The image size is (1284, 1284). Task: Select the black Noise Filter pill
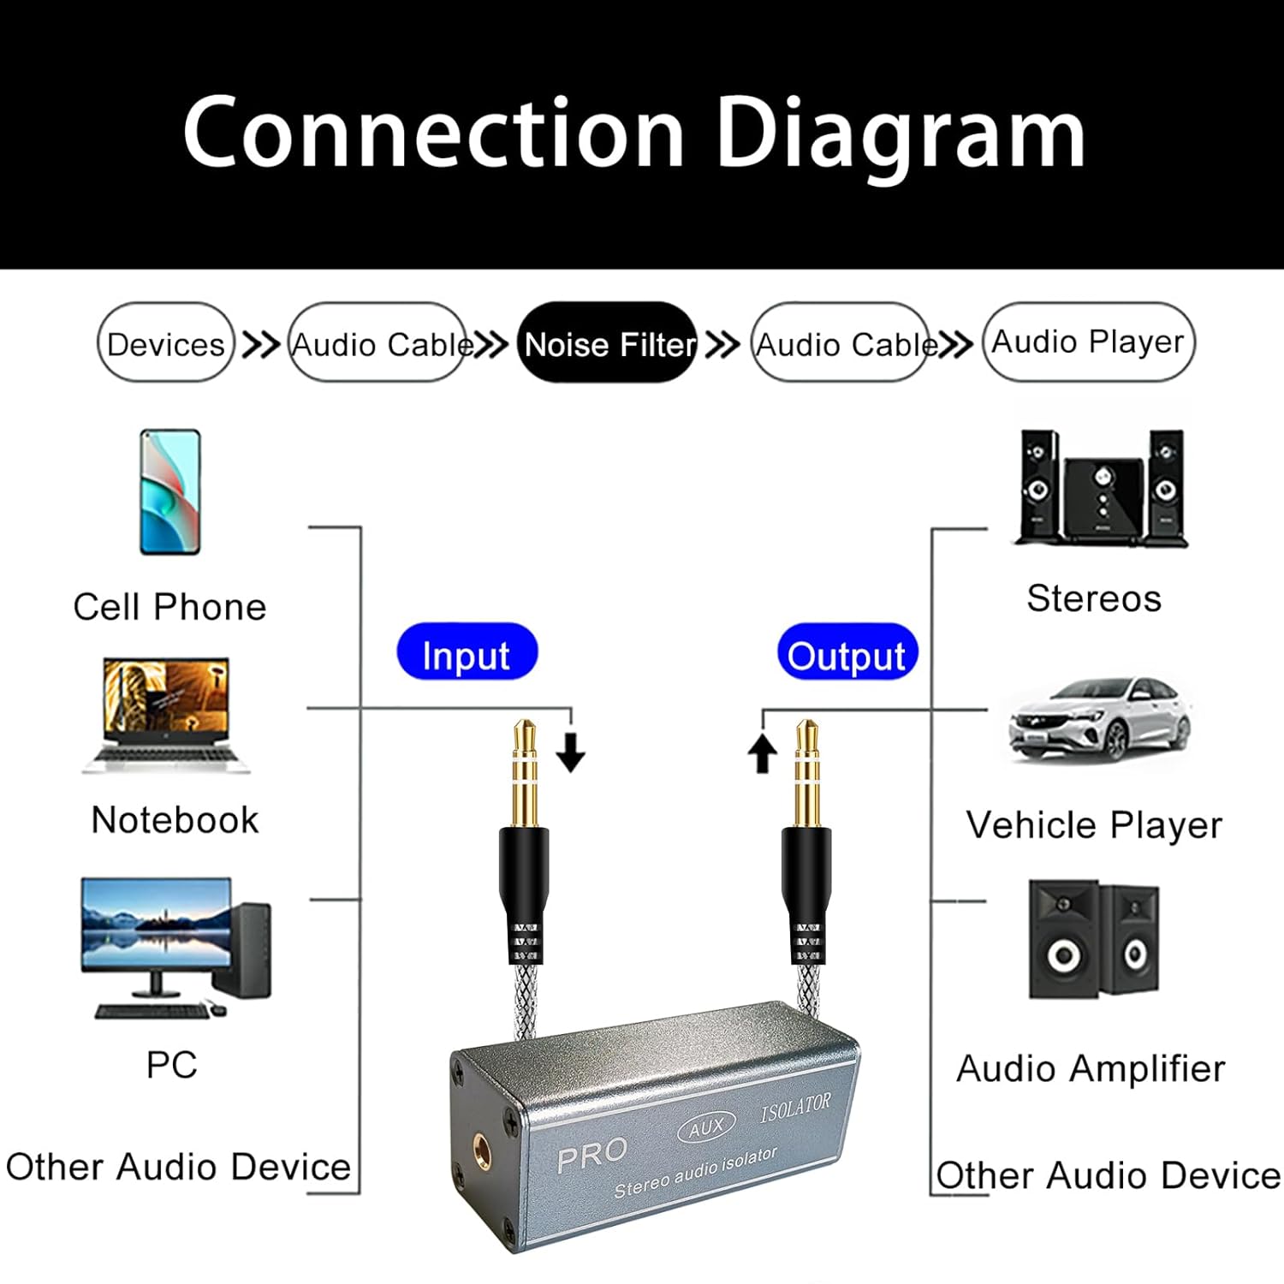tap(608, 343)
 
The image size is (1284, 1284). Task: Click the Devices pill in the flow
tap(165, 343)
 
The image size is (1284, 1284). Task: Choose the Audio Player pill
tap(1088, 342)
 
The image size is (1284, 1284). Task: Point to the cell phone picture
tap(170, 492)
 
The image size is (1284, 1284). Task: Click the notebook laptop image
tap(166, 715)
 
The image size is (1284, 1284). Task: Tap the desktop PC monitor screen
tap(157, 924)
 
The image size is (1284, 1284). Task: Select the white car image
tap(1101, 719)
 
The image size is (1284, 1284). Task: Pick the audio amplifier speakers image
tap(1094, 939)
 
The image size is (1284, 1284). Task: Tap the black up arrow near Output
tap(762, 753)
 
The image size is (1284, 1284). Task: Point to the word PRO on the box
tap(591, 1156)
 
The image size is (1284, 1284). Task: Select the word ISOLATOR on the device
tap(795, 1108)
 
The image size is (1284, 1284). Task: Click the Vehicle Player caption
tap(1094, 825)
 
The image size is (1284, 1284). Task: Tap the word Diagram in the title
tap(900, 133)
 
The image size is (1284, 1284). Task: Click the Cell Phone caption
tap(169, 607)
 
